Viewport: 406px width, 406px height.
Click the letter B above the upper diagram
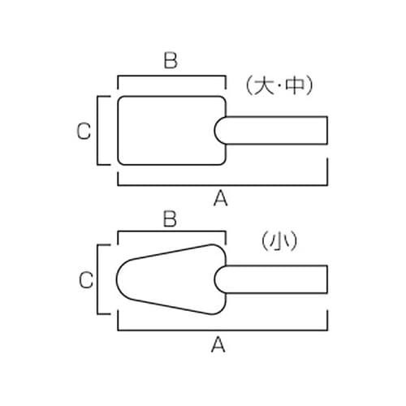(171, 60)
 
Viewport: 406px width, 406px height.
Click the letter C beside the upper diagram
(84, 131)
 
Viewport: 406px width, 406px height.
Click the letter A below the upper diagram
(221, 198)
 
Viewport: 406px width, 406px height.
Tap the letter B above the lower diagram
(170, 218)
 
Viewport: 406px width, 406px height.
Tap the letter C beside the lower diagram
(86, 279)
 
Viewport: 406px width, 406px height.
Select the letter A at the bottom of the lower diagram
(218, 344)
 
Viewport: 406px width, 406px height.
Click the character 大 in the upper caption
(263, 86)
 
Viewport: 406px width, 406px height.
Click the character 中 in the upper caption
(296, 86)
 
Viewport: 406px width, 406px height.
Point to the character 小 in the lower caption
(279, 240)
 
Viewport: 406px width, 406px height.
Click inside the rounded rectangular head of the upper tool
(168, 131)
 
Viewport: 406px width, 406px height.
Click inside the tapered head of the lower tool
(168, 279)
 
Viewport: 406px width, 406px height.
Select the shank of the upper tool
(274, 130)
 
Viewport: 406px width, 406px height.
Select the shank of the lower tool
(274, 279)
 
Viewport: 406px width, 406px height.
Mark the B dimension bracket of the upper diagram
(171, 76)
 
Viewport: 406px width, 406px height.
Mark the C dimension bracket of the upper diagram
(97, 130)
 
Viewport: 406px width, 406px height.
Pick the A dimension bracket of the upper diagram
(222, 185)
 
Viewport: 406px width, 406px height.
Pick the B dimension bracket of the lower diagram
(171, 231)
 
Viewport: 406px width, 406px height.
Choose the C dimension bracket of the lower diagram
(97, 279)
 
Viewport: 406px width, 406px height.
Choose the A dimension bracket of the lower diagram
(222, 330)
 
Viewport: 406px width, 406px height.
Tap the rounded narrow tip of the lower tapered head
(117, 279)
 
